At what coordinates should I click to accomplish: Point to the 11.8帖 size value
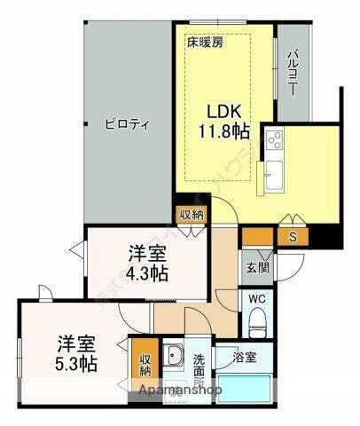[223, 132]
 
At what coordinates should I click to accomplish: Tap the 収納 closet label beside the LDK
[192, 214]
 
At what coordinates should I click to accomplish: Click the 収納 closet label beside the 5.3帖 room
[145, 365]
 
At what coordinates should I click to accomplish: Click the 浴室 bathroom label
[246, 358]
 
